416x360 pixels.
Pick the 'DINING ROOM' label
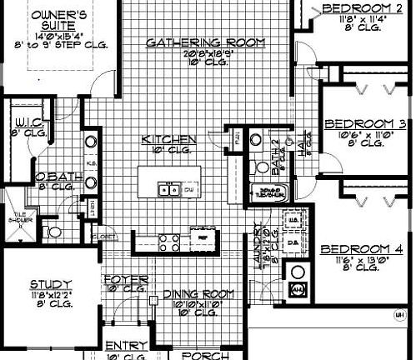pyautogui.click(x=198, y=293)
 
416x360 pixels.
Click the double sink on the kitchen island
pyautogui.click(x=169, y=188)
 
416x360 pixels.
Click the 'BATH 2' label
pyautogui.click(x=275, y=157)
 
